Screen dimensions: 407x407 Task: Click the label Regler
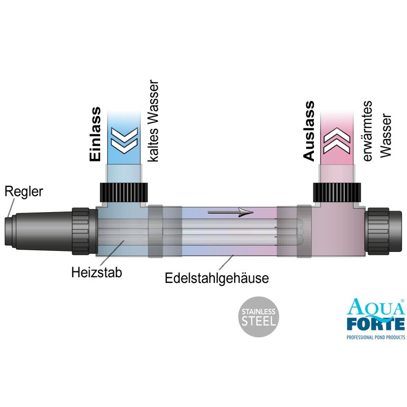[24, 192]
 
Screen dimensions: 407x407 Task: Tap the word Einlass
[96, 134]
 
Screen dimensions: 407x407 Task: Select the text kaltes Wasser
[154, 121]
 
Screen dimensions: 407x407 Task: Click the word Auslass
[309, 131]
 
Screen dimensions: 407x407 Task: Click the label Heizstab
[97, 272]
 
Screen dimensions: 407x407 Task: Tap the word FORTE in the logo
[375, 324]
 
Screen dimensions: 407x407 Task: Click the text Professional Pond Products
[375, 337]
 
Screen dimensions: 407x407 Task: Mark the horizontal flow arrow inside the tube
[230, 212]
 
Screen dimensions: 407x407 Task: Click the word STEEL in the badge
[259, 321]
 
